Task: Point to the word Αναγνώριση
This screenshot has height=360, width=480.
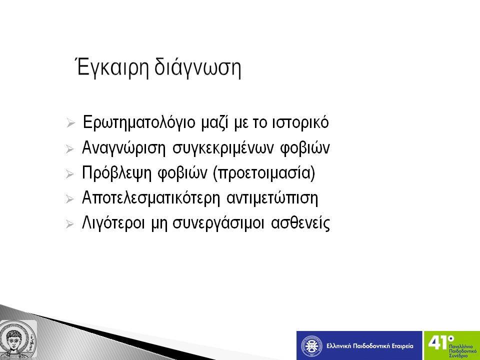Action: pyautogui.click(x=123, y=148)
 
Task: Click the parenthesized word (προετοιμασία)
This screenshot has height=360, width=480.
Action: pyautogui.click(x=264, y=173)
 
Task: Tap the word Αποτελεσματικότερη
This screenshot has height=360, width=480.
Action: pyautogui.click(x=151, y=198)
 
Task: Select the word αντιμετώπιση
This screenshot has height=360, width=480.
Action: pyautogui.click(x=272, y=198)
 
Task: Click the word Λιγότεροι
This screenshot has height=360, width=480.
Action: pyautogui.click(x=113, y=223)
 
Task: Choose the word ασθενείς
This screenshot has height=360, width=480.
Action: pyautogui.click(x=300, y=223)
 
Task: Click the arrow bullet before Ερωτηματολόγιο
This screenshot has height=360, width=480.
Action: pyautogui.click(x=70, y=123)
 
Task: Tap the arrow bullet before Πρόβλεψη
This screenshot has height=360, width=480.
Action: pyautogui.click(x=70, y=174)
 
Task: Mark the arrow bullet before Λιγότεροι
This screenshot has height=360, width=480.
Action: pyautogui.click(x=70, y=224)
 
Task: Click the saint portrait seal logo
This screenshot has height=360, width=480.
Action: pyautogui.click(x=18, y=339)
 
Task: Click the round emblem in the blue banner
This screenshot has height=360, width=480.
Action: pyautogui.click(x=311, y=346)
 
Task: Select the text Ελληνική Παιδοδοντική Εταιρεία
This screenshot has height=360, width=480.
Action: pyautogui.click(x=370, y=346)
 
